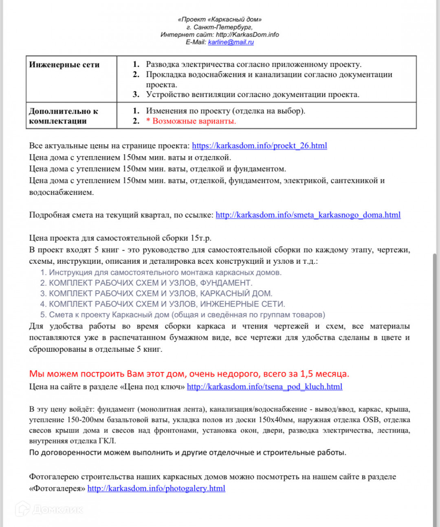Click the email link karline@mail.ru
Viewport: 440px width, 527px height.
coord(231,42)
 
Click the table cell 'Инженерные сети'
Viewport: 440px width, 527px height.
coord(64,65)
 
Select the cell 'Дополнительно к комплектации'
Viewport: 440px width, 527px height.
coord(64,116)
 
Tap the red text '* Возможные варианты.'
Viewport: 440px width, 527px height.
coord(191,121)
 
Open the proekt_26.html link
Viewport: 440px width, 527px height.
coord(259,146)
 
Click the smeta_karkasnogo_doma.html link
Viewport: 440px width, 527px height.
coord(308,215)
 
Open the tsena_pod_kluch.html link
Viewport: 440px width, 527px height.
coord(264,387)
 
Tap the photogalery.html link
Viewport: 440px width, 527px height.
coord(156,489)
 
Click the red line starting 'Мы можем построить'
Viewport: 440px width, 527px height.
coord(189,374)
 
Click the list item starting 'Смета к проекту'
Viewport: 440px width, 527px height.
coord(183,315)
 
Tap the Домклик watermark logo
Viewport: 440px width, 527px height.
coord(49,509)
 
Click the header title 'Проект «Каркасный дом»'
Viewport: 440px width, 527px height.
coord(220,20)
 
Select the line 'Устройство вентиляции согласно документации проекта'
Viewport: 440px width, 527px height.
coord(253,95)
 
